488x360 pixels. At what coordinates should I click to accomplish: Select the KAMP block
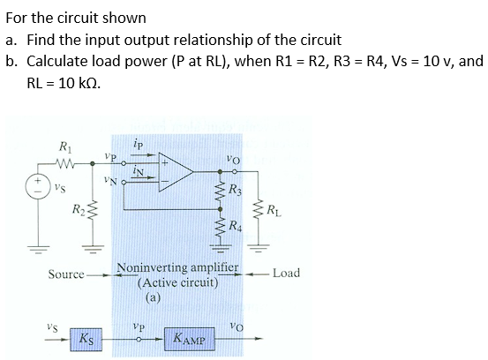click(x=190, y=339)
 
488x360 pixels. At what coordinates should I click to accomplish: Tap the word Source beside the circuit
click(x=66, y=274)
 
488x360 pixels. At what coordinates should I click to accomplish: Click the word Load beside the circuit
click(x=286, y=273)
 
